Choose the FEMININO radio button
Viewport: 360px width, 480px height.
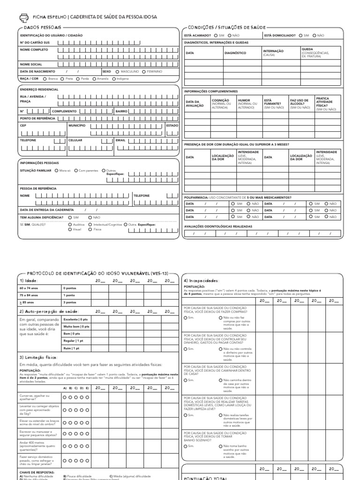click(143, 71)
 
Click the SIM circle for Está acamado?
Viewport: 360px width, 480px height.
click(215, 35)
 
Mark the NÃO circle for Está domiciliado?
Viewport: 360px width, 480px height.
click(314, 35)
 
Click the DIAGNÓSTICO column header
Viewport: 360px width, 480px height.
click(235, 53)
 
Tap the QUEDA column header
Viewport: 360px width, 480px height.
click(307, 49)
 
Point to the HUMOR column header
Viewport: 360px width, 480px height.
click(244, 100)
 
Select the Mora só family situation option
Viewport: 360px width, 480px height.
click(56, 170)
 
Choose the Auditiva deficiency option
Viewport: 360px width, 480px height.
click(70, 225)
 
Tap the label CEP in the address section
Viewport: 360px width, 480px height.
click(23, 126)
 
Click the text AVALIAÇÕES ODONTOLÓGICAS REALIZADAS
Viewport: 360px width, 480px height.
click(218, 226)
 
